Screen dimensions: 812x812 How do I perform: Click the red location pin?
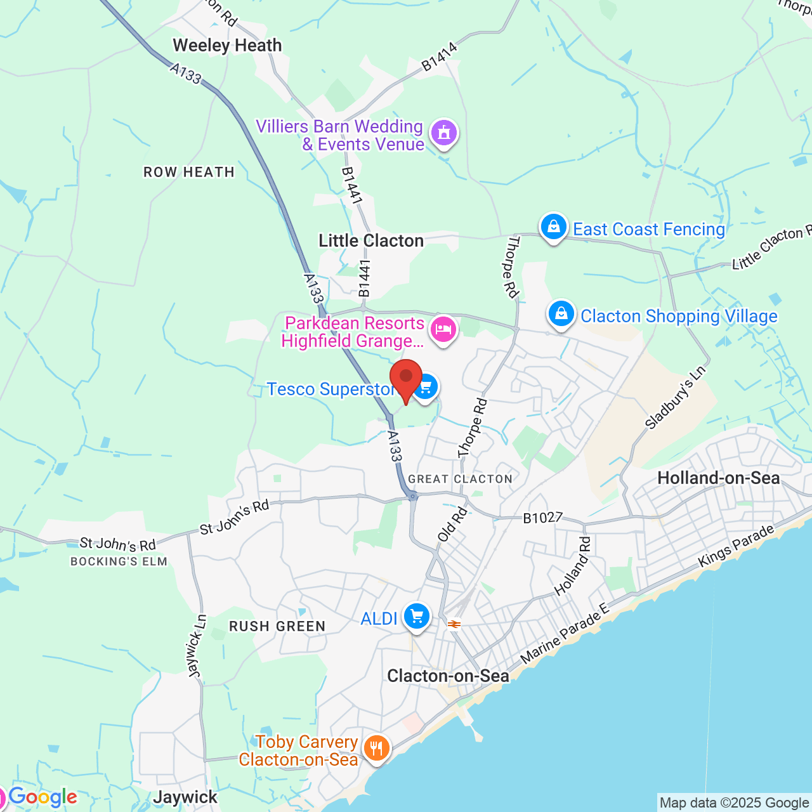tap(406, 378)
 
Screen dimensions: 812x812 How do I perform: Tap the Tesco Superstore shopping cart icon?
tap(426, 387)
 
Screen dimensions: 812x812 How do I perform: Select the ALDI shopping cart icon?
tap(417, 617)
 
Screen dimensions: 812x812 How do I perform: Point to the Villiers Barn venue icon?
tap(444, 134)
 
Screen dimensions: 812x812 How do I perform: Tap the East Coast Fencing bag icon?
tap(553, 227)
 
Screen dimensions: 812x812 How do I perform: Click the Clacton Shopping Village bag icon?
tap(561, 314)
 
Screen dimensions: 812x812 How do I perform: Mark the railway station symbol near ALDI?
tap(454, 624)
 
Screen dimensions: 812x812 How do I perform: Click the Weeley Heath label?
tap(227, 46)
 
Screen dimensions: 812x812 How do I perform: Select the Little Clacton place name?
tap(371, 241)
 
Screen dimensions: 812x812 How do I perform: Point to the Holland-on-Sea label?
tap(719, 478)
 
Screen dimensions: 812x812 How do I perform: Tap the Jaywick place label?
tap(185, 797)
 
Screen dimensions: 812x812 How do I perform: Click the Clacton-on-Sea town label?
tap(448, 676)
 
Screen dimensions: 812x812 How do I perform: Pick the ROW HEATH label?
tap(189, 173)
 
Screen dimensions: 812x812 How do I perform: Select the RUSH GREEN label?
tap(277, 627)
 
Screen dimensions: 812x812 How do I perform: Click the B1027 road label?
tap(542, 518)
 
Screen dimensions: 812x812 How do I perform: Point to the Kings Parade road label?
tap(736, 546)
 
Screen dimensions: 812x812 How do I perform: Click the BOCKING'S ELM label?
tap(119, 561)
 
